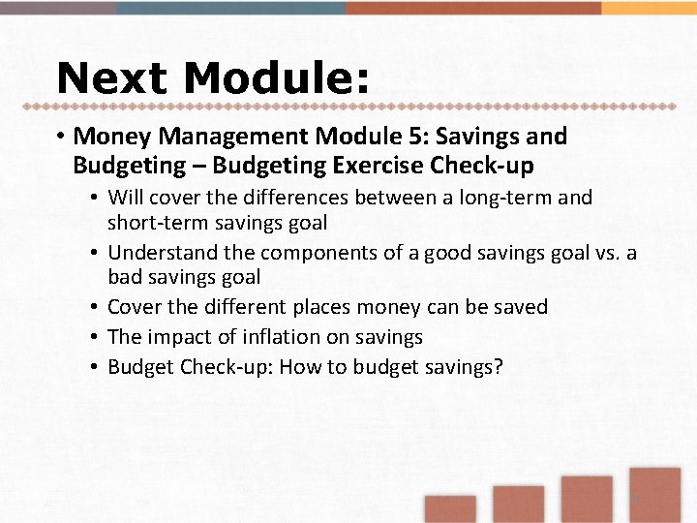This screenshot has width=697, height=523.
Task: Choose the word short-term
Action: (151, 223)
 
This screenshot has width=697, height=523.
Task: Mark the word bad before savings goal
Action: (123, 277)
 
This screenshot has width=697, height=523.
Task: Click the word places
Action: (315, 307)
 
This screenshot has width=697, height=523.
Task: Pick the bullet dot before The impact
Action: (96, 337)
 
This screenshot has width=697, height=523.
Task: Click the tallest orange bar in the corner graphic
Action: (654, 495)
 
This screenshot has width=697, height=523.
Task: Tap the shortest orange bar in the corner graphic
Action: (450, 509)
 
